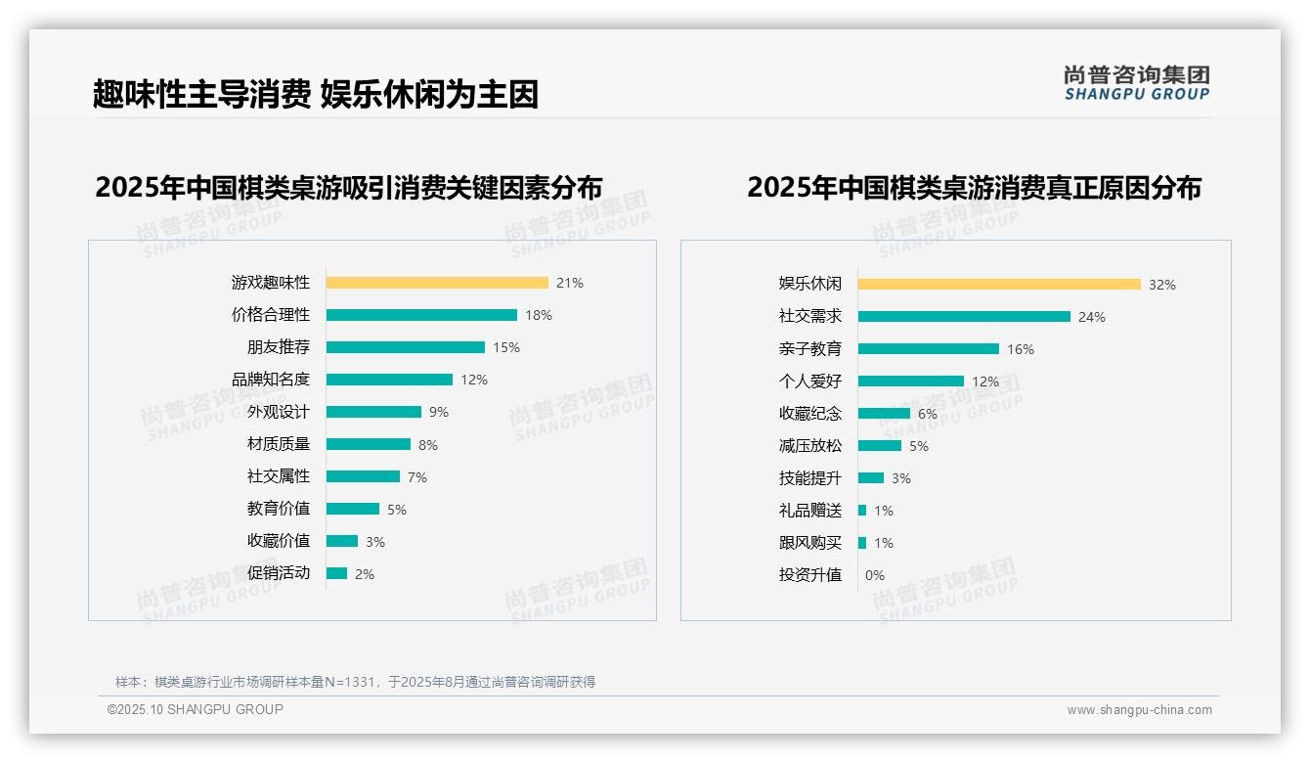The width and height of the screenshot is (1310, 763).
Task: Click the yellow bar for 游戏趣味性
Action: click(x=437, y=283)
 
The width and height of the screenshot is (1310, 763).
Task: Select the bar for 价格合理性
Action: click(x=421, y=315)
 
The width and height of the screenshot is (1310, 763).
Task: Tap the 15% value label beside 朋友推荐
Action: click(x=506, y=347)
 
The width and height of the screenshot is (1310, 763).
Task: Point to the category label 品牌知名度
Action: click(x=271, y=380)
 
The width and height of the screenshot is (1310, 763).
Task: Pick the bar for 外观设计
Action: click(x=373, y=412)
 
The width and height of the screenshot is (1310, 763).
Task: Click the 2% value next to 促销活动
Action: click(x=365, y=574)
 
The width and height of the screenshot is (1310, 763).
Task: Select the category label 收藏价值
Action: click(x=279, y=541)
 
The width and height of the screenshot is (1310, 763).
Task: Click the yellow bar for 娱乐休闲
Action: click(x=999, y=285)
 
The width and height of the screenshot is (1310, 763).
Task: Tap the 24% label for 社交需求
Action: click(x=1092, y=317)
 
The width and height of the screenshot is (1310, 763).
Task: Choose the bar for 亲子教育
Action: click(x=929, y=349)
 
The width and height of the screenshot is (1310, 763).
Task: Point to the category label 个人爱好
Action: click(x=810, y=381)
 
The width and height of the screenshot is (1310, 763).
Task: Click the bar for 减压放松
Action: click(x=880, y=446)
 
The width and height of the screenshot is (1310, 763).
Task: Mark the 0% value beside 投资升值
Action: click(x=875, y=575)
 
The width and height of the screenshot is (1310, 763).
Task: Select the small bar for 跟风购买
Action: click(x=862, y=543)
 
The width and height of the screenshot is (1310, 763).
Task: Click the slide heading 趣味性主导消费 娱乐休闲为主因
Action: click(x=316, y=94)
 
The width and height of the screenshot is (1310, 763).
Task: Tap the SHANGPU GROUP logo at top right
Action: click(x=1137, y=83)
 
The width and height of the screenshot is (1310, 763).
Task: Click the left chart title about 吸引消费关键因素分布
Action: click(x=349, y=187)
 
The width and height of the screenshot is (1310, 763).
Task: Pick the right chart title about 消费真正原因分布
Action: click(x=974, y=187)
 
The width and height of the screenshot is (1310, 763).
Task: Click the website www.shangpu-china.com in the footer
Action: click(x=1139, y=710)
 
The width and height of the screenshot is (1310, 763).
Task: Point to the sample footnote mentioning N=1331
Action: click(x=355, y=682)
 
